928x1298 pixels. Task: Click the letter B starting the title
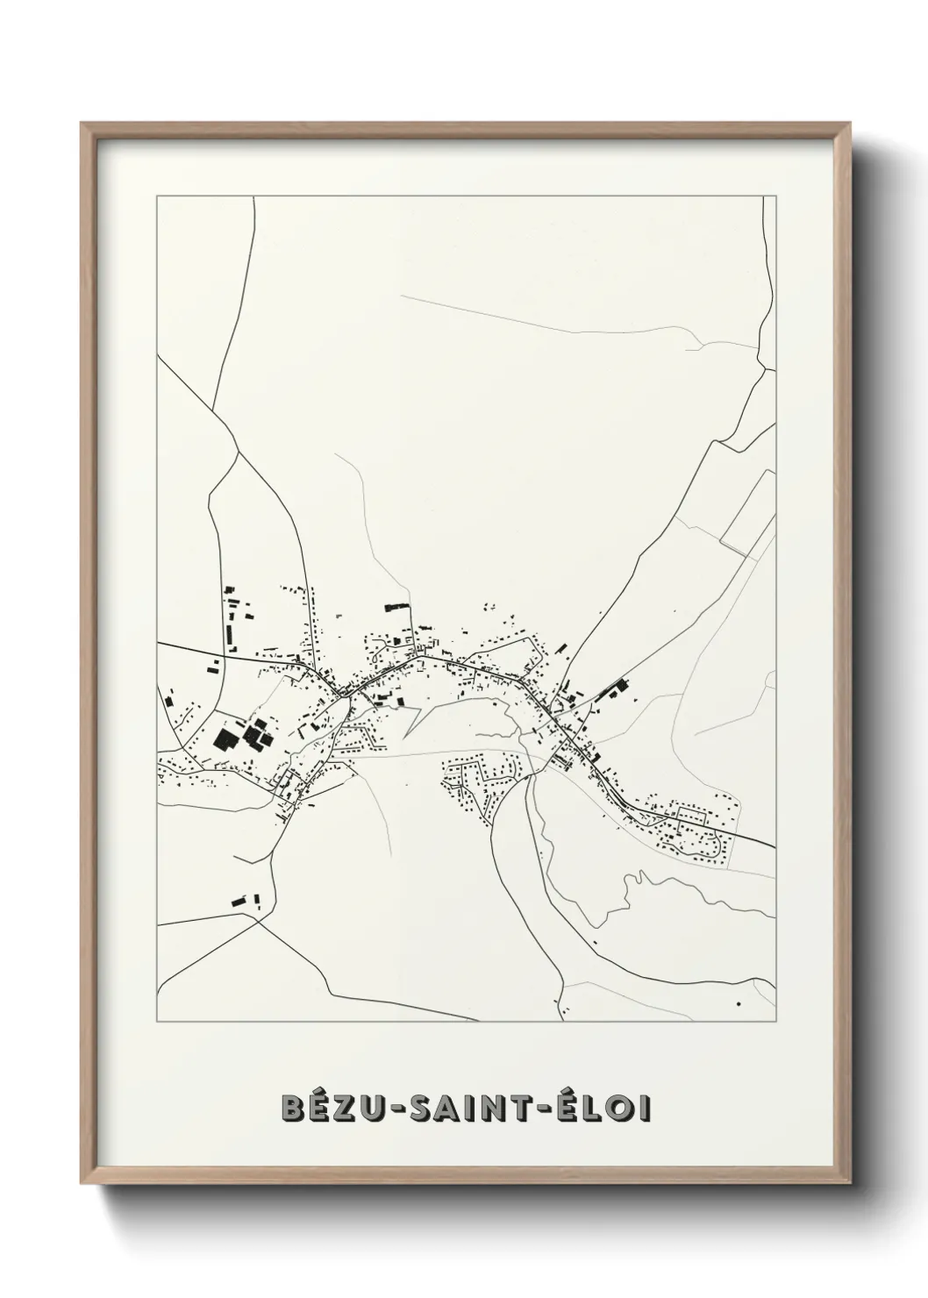pos(293,1109)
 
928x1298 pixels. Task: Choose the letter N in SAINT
pos(496,1109)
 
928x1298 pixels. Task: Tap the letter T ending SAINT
pos(523,1109)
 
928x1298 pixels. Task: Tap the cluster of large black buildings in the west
pos(240,735)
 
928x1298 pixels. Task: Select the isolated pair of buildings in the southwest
pos(246,900)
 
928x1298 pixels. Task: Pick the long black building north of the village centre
pos(396,605)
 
